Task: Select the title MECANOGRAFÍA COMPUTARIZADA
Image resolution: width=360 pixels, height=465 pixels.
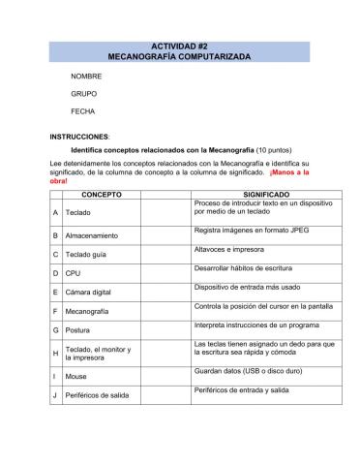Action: coord(179,58)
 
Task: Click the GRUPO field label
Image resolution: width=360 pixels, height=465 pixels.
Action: coord(83,94)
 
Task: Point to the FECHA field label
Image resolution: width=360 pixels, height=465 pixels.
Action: coord(82,112)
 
